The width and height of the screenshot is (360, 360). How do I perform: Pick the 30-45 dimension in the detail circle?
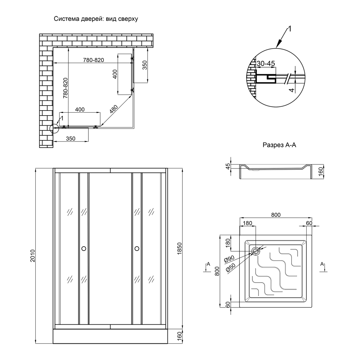point(266,63)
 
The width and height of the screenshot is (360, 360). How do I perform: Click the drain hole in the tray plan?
point(256,252)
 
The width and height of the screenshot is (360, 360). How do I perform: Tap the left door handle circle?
point(84,248)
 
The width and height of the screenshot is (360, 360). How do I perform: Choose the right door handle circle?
point(137,248)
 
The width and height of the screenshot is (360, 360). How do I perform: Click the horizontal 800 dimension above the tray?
point(275,215)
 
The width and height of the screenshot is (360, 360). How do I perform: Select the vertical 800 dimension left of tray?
point(217,271)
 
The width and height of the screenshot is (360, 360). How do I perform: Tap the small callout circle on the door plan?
point(54,129)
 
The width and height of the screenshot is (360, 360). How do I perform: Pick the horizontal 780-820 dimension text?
point(93,60)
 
